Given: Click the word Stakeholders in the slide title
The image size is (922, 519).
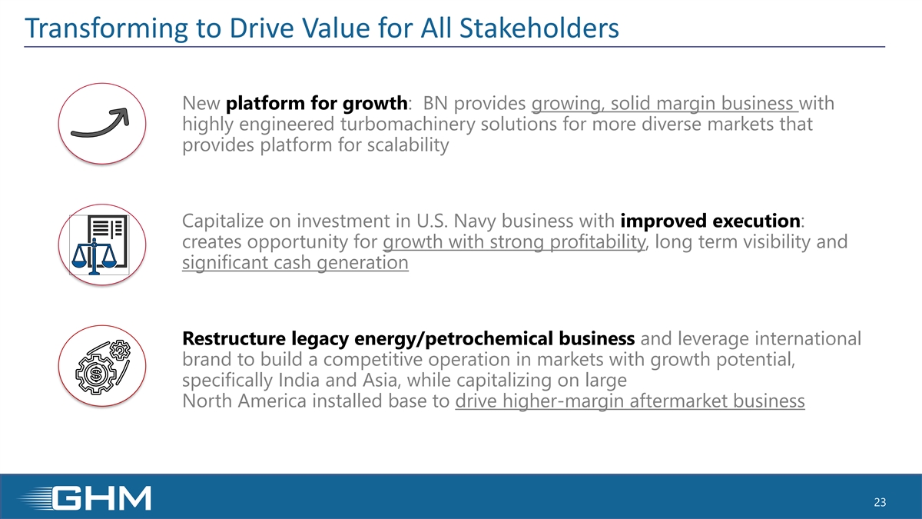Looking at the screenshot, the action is click(x=539, y=28).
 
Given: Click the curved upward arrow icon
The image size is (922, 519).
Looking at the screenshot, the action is click(x=100, y=122).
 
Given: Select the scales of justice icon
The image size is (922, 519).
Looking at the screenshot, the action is click(x=99, y=245).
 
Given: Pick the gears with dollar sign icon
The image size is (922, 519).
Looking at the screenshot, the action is click(x=102, y=367).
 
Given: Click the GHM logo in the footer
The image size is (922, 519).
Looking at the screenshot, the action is click(x=85, y=498).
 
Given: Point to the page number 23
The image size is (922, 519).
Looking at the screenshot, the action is click(x=880, y=502).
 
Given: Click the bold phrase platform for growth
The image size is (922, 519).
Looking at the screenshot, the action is click(x=317, y=103).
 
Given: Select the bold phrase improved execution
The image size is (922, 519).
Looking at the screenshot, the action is click(x=711, y=221).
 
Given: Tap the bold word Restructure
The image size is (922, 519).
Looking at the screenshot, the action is click(x=234, y=338).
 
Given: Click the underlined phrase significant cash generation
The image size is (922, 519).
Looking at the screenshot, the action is click(x=296, y=263).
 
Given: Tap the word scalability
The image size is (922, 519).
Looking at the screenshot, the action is click(x=408, y=145).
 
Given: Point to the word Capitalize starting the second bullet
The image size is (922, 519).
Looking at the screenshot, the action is click(x=223, y=221).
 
